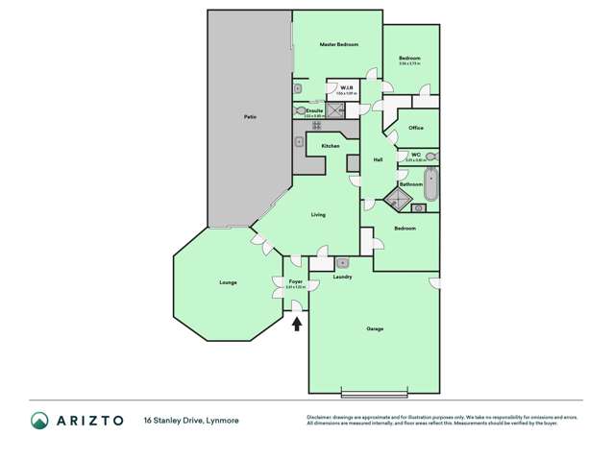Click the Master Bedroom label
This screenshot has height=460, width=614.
click(x=338, y=45)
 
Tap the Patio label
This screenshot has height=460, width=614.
click(x=250, y=117)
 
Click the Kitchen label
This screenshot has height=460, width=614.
click(x=331, y=145)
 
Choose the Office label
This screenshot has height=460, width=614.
click(x=416, y=128)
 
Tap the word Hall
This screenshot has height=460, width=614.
click(x=379, y=159)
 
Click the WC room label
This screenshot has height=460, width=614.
click(x=415, y=154)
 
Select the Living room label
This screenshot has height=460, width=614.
click(x=318, y=214)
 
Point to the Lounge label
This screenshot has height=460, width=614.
click(x=228, y=282)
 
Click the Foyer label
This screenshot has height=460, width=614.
click(x=296, y=281)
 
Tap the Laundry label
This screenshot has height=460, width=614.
click(x=342, y=277)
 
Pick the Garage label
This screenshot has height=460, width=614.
click(x=375, y=328)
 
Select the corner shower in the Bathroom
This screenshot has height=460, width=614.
click(x=394, y=200)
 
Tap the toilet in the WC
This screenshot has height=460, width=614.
click(x=430, y=156)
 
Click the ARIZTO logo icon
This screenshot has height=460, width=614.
click(x=39, y=420)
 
